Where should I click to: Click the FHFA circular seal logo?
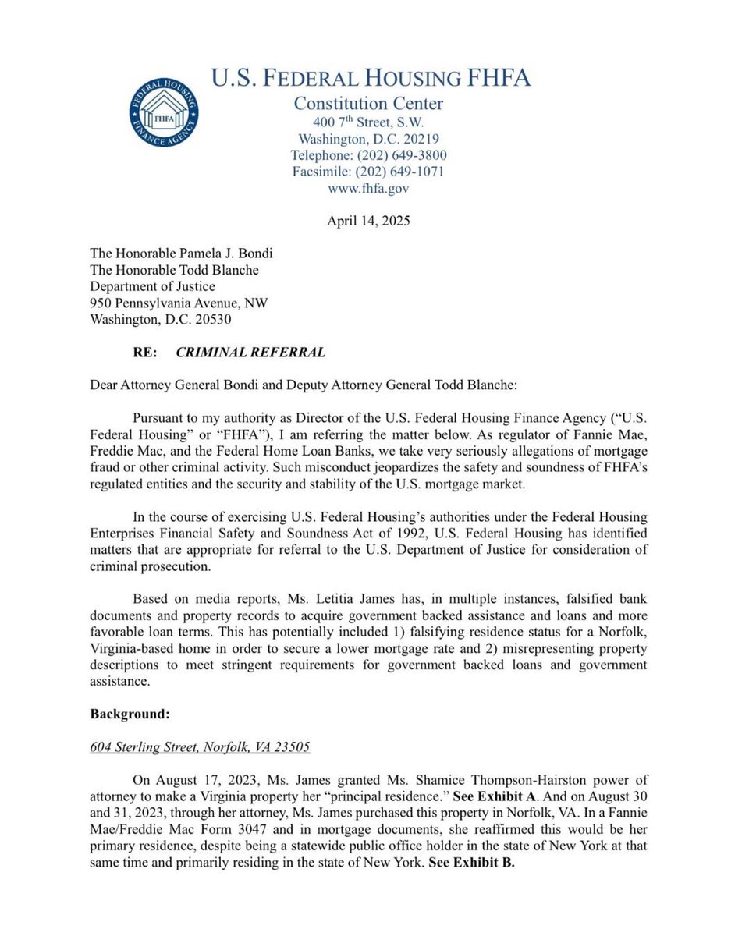tap(164, 112)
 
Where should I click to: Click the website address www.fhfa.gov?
tap(368, 188)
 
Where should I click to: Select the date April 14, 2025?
tap(368, 221)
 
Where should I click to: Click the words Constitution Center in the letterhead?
tap(368, 103)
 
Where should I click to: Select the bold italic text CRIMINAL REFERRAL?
tap(250, 352)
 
